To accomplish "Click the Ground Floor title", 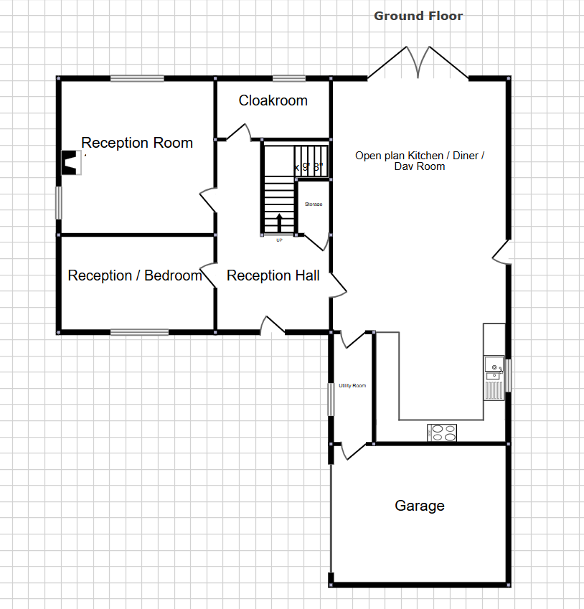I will point(418,16).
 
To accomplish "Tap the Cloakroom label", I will point(273,100).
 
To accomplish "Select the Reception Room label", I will point(136,143).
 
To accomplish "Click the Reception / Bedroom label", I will point(135,275).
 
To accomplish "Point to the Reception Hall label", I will point(273,275).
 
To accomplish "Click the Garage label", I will point(420,506).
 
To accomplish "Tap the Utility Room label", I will point(352,386).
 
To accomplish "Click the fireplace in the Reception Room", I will point(70,163).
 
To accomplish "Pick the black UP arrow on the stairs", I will point(280,220).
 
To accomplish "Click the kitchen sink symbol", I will point(494,369).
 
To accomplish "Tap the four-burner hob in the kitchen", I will point(443,432).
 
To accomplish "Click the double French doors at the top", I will point(418,63).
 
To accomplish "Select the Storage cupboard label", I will point(314,204).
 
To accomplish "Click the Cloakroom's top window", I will point(289,78).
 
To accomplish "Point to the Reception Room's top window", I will point(136,78).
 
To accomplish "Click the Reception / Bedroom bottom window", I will point(139,332).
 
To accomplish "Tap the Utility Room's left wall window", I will point(331,399).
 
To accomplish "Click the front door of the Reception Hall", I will point(272,327).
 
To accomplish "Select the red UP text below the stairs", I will point(279,240).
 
